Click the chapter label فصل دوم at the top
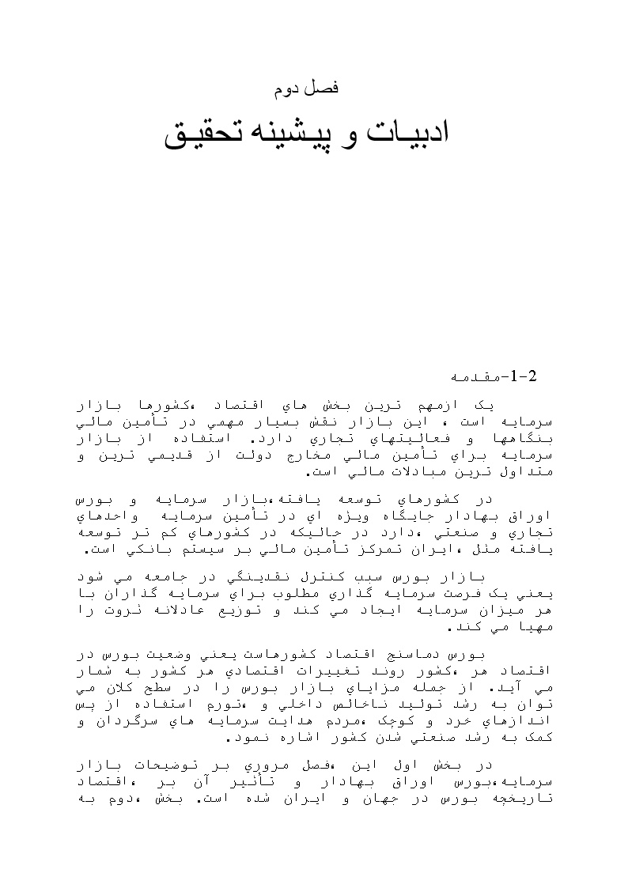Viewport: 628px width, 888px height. click(306, 89)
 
